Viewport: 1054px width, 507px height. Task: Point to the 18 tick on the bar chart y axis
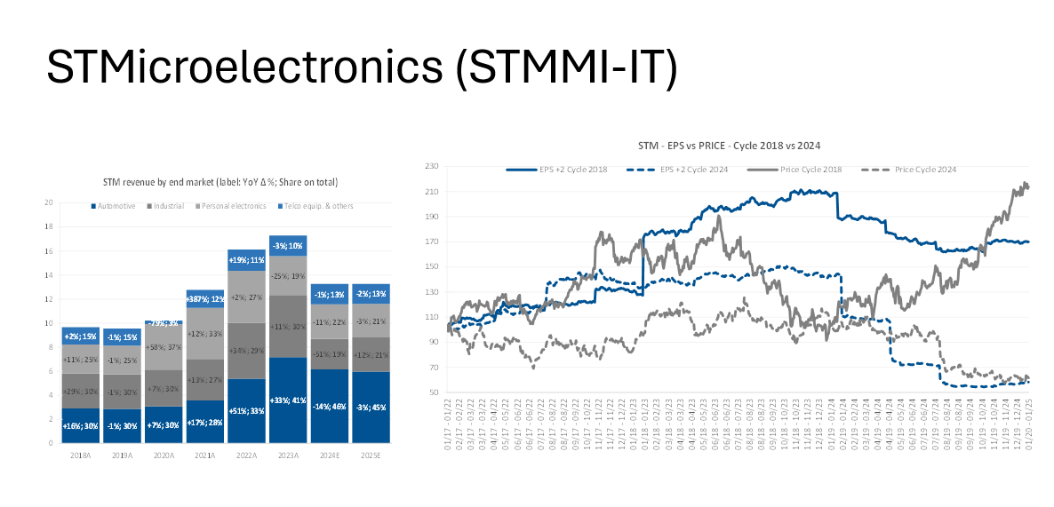point(50,226)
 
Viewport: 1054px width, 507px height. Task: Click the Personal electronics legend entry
point(234,206)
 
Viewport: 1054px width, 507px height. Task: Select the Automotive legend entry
point(115,206)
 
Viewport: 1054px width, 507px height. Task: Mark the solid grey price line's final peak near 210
point(1026,184)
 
